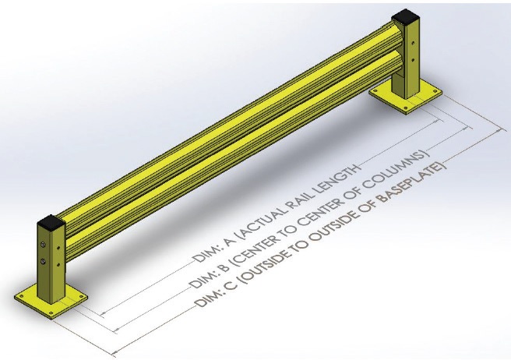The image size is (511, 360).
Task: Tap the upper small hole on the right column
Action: pyautogui.click(x=403, y=35)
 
